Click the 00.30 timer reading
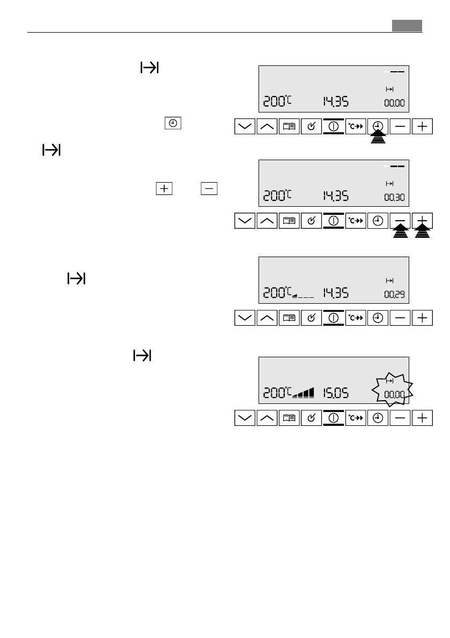tap(394, 198)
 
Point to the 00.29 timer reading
tap(394, 294)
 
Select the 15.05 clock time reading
tap(335, 394)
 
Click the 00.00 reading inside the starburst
tap(394, 394)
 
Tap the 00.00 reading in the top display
tap(394, 102)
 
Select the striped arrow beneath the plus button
tap(423, 233)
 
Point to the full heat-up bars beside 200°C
tap(304, 394)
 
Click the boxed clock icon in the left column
tap(172, 123)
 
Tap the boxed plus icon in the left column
tap(164, 188)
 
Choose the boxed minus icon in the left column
tap(209, 188)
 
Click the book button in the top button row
tap(289, 126)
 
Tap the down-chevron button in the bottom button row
tap(245, 418)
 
